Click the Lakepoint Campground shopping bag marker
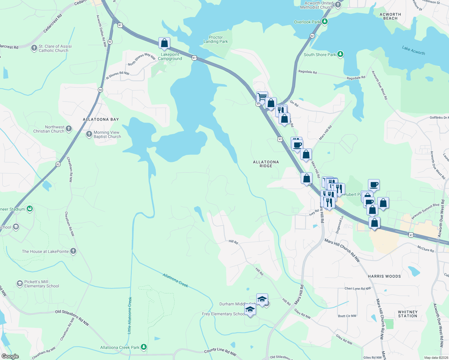(164, 43)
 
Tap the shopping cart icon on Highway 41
(262, 97)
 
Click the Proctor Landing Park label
(215, 39)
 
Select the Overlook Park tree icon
(324, 22)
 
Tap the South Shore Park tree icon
(340, 54)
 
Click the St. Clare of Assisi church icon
(34, 48)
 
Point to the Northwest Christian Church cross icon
(69, 129)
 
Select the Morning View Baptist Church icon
(89, 134)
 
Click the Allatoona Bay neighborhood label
(101, 119)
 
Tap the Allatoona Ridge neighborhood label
(266, 164)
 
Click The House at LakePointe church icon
(73, 251)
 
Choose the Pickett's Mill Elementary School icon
(20, 283)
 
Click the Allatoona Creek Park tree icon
(144, 347)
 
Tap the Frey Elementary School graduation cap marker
(250, 310)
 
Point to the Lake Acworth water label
(413, 50)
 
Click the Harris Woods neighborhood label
(384, 276)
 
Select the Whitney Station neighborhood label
(408, 314)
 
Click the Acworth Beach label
(390, 16)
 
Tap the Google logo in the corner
(10, 356)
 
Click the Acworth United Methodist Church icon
(338, 5)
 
